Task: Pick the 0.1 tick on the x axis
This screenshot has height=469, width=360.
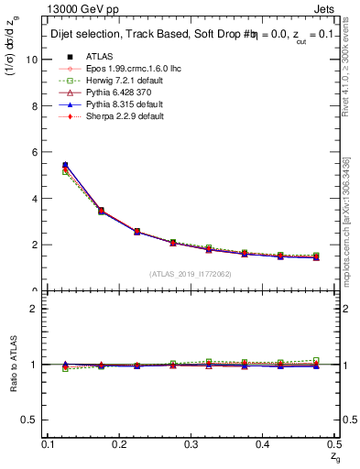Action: pos(49,444)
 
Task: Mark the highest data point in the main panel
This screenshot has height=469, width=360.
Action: pos(64,166)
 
